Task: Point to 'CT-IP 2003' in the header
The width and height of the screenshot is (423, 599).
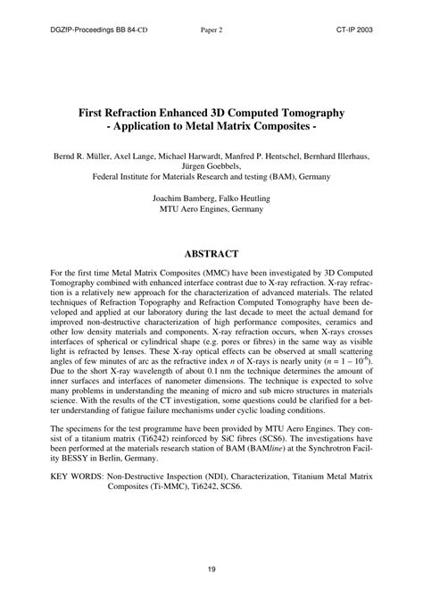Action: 360,29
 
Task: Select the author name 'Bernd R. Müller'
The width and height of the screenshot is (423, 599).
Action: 89,156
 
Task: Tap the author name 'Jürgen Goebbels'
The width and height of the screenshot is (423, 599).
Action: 211,166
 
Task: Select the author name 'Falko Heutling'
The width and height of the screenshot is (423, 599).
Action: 244,198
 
